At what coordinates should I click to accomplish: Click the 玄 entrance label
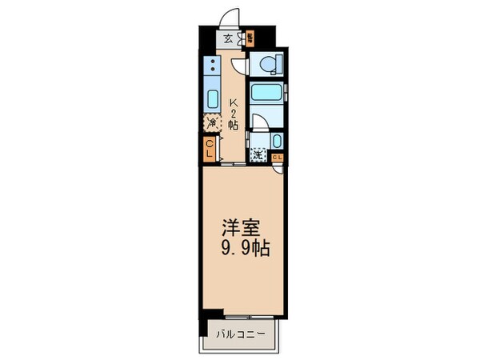228,38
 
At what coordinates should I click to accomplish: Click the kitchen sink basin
213,100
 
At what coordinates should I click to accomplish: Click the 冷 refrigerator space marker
213,123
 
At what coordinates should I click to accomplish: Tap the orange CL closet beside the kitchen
209,148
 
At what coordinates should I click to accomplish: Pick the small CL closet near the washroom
276,157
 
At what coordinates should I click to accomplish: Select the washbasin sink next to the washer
276,141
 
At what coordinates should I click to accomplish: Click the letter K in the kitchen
234,102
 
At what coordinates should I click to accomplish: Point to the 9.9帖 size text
240,249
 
